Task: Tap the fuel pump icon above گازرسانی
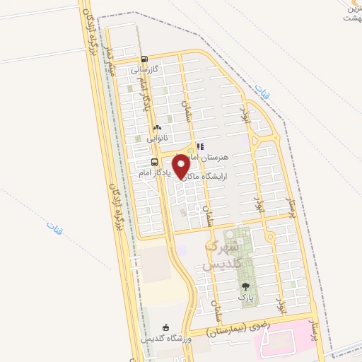coord(144,59)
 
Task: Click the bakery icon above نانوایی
coord(157,128)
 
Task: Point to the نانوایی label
coord(156,139)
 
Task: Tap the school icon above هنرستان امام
coord(201,146)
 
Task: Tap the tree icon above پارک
coord(245,286)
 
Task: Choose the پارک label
coord(245,298)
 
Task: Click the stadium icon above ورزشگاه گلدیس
coord(166,327)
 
